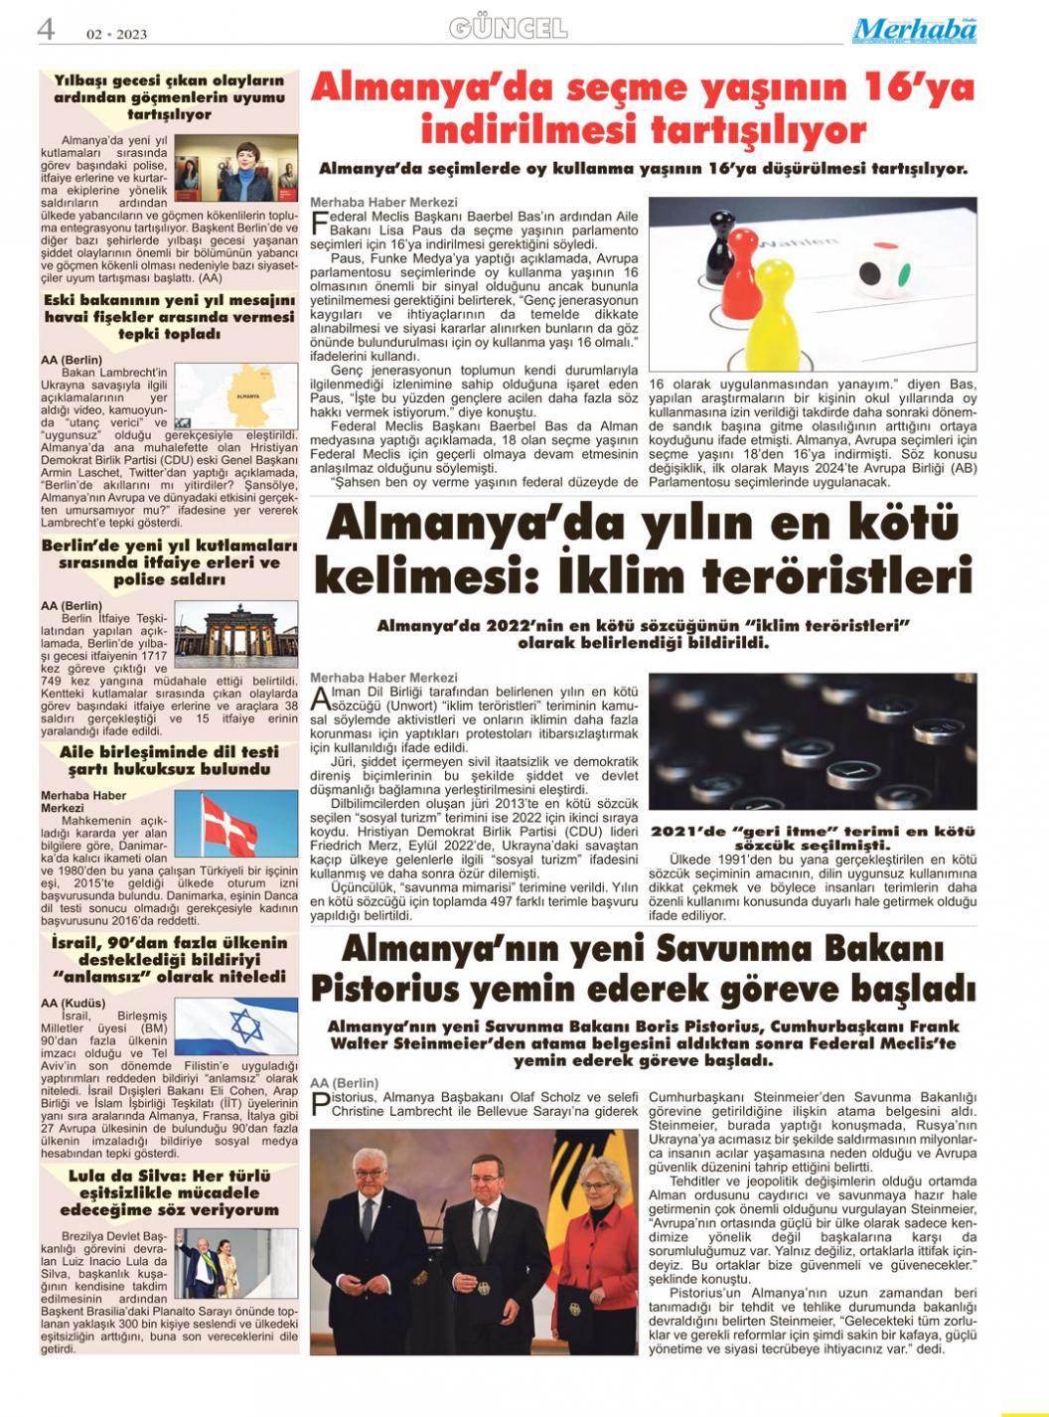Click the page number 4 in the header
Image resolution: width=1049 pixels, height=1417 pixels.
click(46, 30)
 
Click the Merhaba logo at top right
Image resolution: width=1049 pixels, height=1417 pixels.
click(913, 31)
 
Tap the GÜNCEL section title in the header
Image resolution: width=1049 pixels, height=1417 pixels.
click(508, 29)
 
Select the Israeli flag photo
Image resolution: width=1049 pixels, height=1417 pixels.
click(236, 1026)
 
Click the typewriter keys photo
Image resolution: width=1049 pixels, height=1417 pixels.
click(813, 742)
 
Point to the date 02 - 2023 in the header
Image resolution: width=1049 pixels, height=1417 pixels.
click(116, 34)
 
